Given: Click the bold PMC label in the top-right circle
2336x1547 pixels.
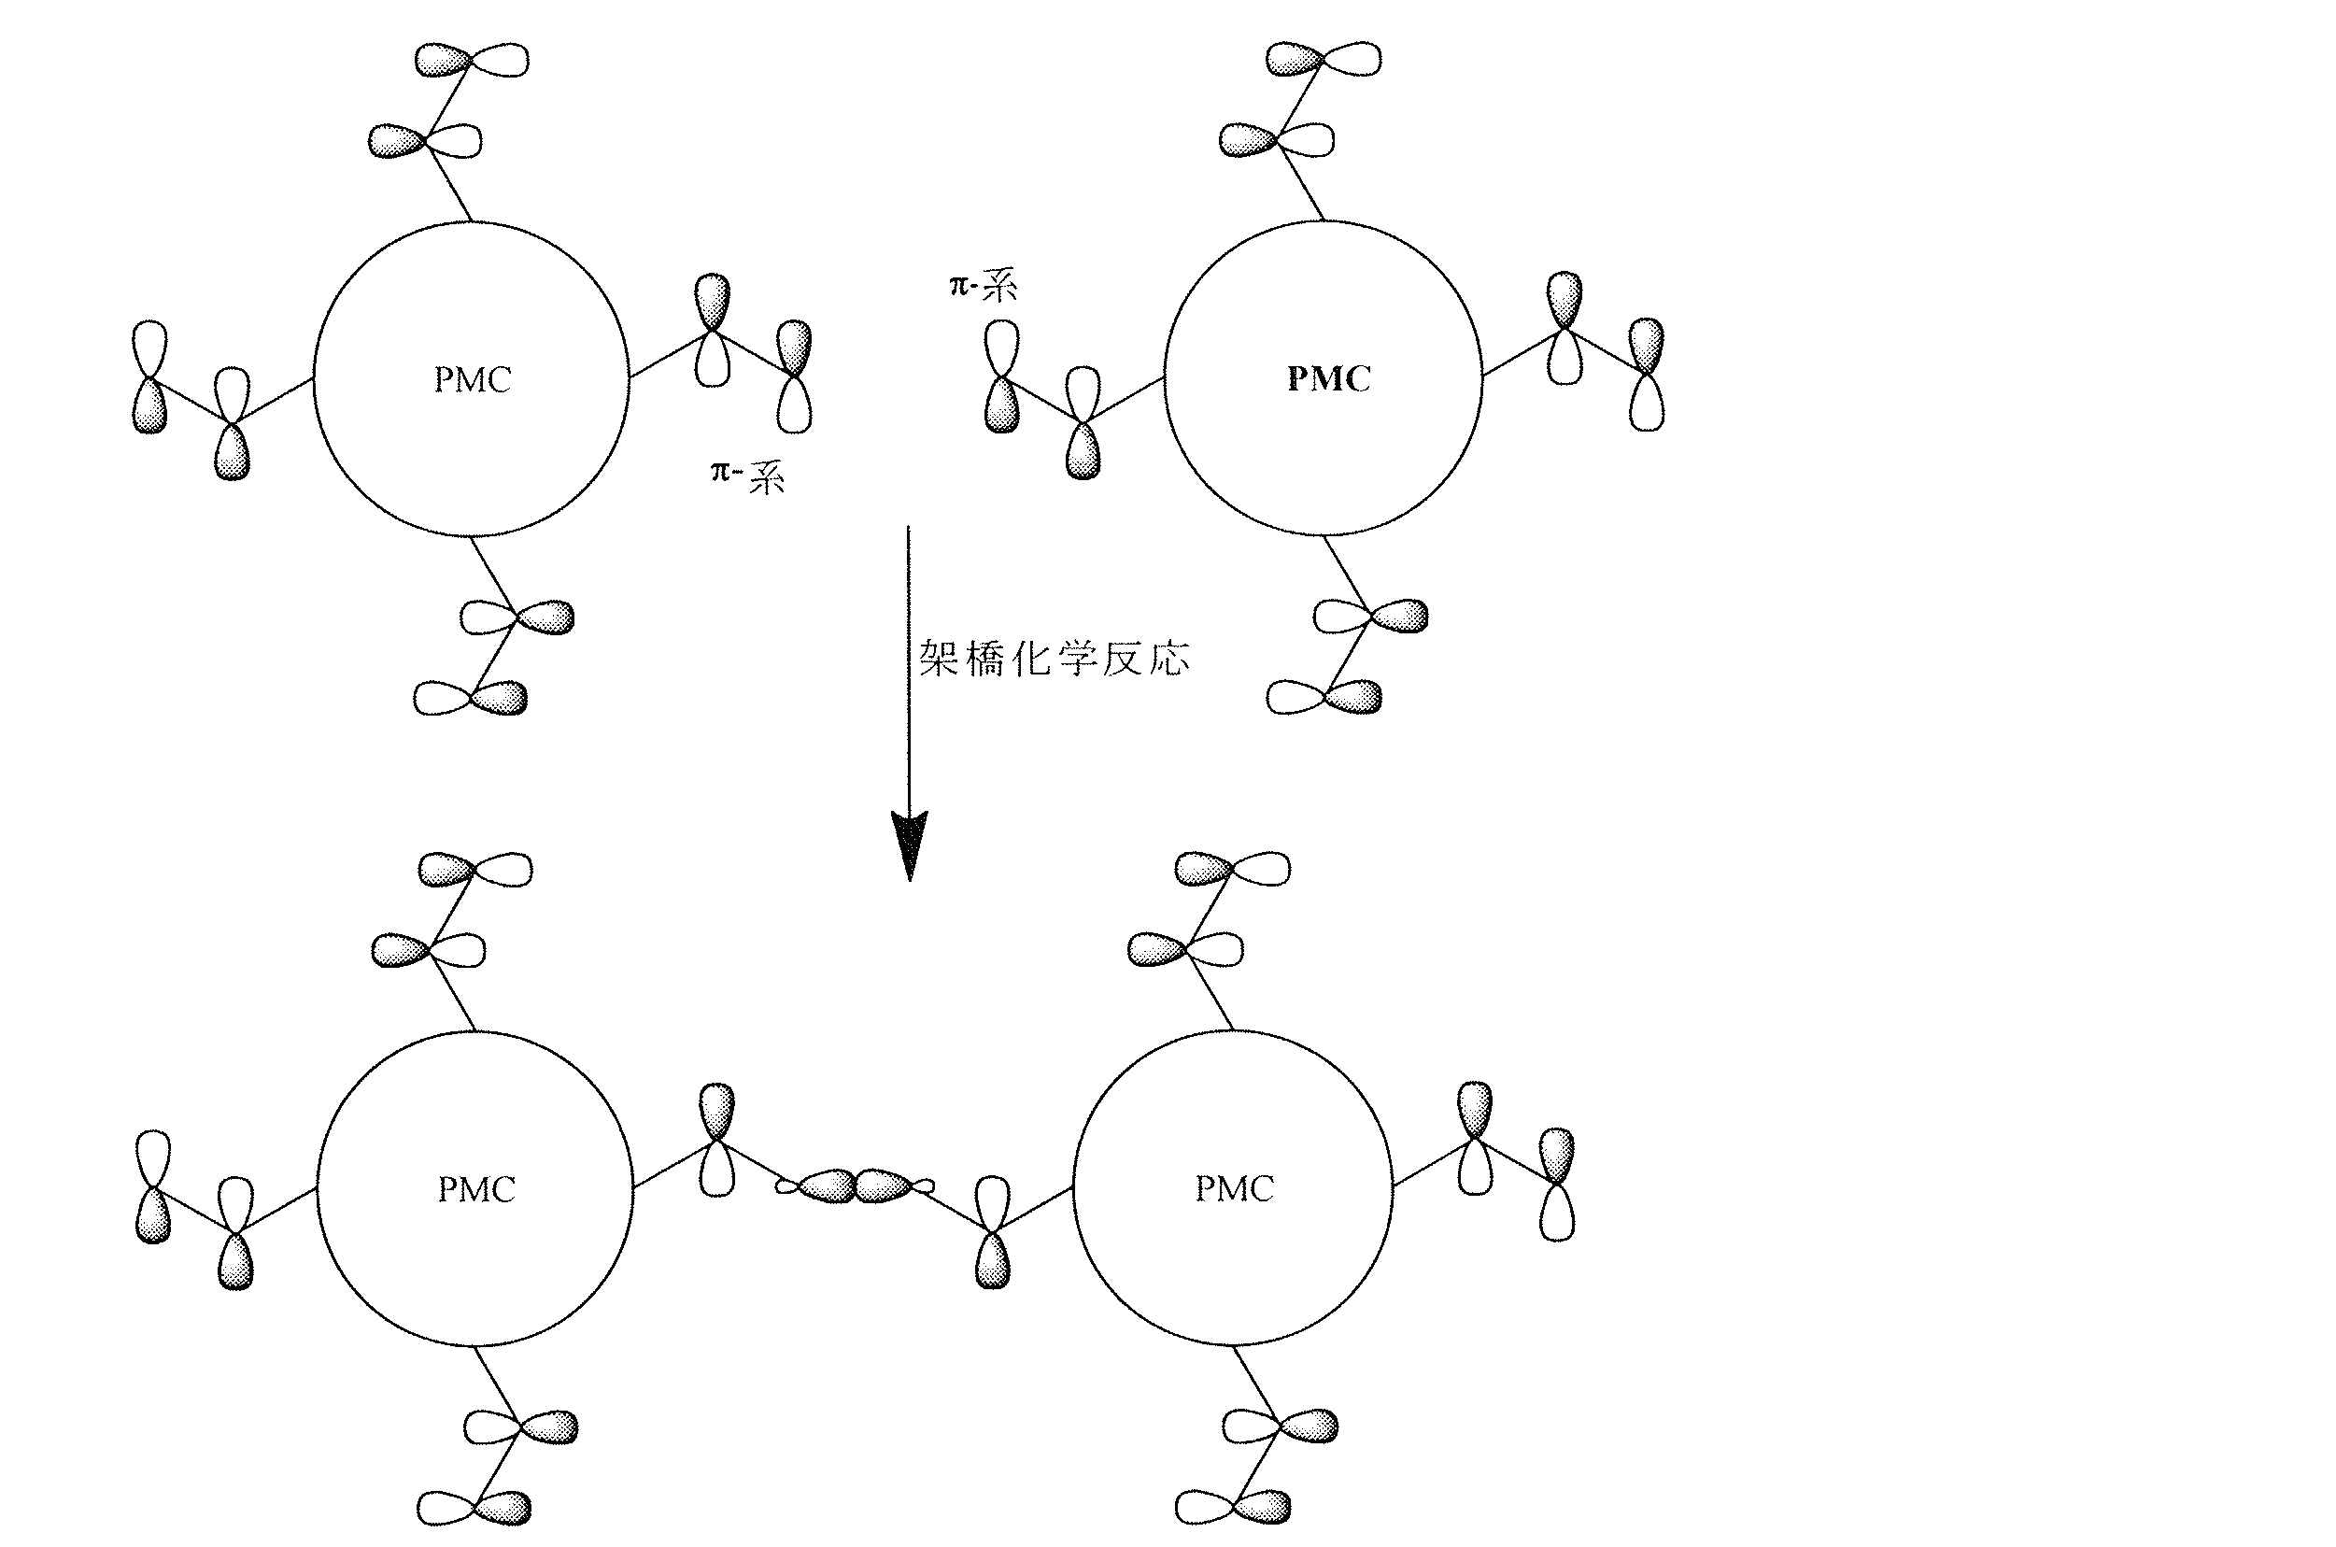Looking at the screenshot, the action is pos(1328,379).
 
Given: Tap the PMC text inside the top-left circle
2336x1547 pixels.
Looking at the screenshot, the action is pos(473,380).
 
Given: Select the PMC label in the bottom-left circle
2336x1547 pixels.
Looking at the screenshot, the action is pos(476,1190).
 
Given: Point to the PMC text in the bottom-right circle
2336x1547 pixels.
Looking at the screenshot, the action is pos(1234,1189).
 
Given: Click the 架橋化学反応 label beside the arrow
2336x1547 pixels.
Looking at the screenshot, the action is pos(1054,658).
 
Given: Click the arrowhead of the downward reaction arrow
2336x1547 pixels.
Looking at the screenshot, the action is pos(909,844).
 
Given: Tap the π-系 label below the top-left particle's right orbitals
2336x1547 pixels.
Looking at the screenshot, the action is pos(747,477).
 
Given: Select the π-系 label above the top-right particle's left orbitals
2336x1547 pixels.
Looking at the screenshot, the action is pos(983,287).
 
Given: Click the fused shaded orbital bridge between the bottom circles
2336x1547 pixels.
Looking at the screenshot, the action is pos(856,1185).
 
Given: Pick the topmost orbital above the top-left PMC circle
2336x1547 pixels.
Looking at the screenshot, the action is pos(472,60).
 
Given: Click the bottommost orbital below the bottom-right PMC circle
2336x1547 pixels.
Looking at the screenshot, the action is pos(1233,1508).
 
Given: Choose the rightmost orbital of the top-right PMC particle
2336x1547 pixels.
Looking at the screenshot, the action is pos(1646,374).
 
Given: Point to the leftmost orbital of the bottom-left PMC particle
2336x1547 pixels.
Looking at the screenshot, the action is pos(153,1187).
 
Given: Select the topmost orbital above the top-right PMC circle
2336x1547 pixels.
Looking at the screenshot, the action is pos(1324,59).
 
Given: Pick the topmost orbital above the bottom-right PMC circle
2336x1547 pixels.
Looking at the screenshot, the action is pos(1233,868).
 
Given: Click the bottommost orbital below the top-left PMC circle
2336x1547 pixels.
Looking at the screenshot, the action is pos(471,699).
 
